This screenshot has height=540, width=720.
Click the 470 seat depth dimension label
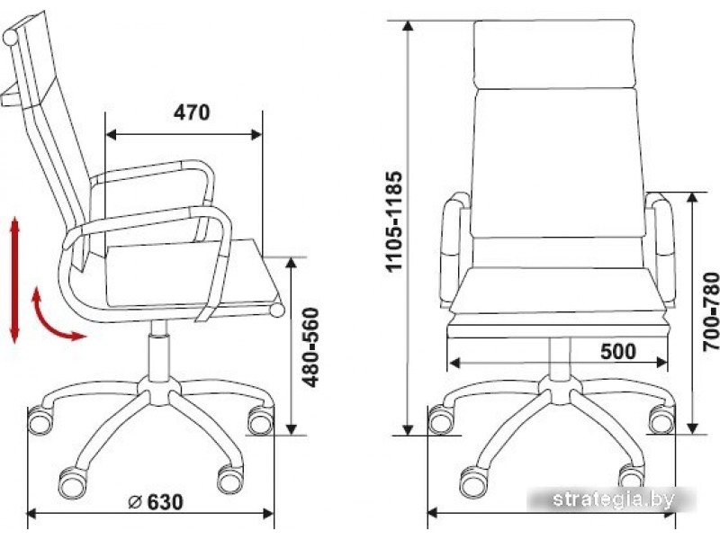pyautogui.click(x=192, y=112)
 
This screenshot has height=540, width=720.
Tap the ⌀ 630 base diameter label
pyautogui.click(x=155, y=502)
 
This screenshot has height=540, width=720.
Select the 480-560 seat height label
pyautogui.click(x=310, y=347)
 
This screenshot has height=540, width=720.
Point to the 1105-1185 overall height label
pyautogui.click(x=394, y=221)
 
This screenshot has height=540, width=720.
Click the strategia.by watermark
pyautogui.click(x=614, y=499)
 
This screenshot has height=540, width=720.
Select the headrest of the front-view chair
pyautogui.click(x=554, y=54)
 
